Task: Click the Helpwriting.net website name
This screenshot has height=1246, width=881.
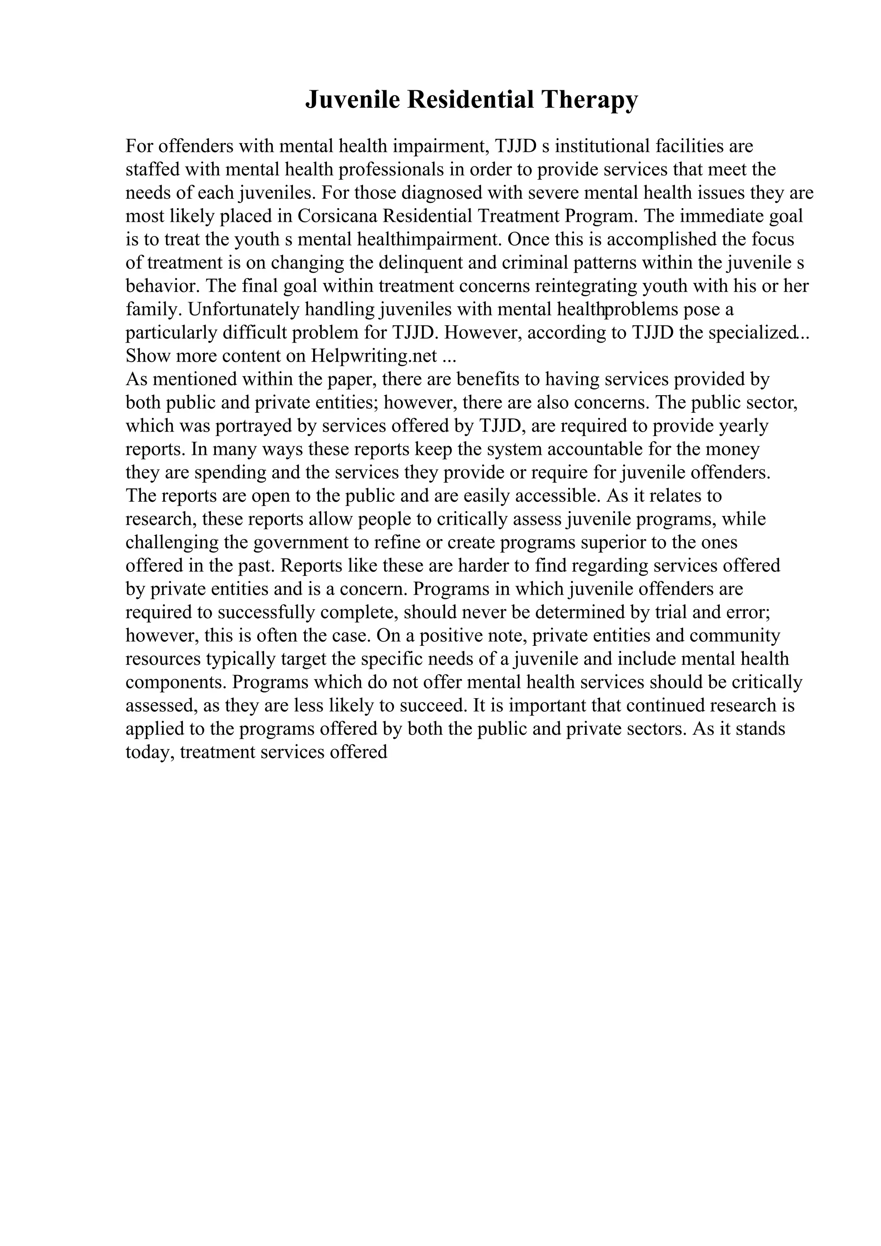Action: pos(374,356)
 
